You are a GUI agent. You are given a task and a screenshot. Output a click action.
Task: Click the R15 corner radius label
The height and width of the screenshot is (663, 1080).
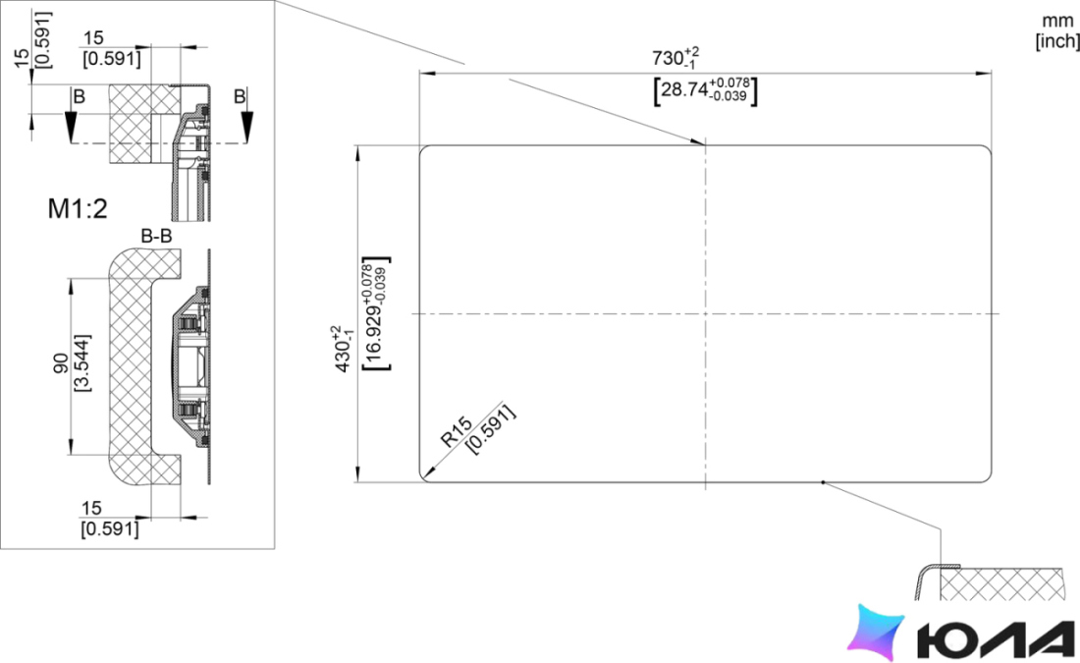coord(457,431)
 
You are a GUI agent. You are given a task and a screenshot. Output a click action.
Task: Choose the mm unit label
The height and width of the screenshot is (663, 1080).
coord(1057,22)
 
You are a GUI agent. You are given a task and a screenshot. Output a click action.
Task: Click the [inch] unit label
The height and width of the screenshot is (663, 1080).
coord(1057,40)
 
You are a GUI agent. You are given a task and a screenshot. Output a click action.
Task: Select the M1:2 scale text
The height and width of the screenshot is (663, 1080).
coord(78,208)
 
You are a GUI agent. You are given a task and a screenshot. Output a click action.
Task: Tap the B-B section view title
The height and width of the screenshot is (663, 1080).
coord(156,237)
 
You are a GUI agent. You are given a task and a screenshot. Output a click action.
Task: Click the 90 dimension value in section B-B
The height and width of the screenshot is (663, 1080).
coord(61,363)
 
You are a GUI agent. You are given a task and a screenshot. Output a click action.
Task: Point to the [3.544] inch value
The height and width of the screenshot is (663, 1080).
coord(81,363)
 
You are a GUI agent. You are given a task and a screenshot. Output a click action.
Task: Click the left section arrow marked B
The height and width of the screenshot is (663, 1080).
coord(71,121)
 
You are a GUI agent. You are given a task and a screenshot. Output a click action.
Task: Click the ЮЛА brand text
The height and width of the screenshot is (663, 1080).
coord(996,638)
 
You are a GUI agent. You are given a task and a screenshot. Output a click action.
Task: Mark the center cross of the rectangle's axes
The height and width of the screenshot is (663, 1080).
coord(705,313)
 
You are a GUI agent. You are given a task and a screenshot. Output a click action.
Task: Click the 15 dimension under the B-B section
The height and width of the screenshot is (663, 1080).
coord(91,509)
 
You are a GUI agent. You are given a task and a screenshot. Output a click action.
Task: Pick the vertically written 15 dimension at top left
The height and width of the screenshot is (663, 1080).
coord(22,57)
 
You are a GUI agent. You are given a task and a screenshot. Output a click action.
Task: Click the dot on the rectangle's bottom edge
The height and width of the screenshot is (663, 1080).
coord(823,482)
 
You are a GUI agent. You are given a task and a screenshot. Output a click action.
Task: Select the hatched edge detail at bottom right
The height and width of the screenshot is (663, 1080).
coord(996,582)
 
